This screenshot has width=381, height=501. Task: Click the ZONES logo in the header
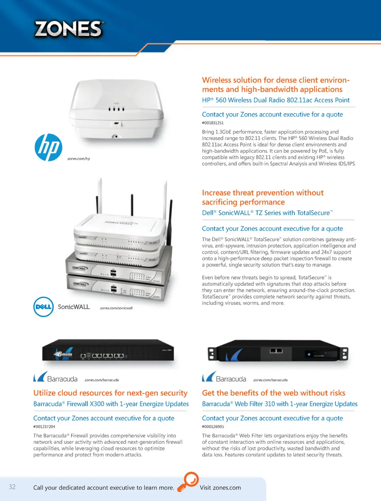[69, 29]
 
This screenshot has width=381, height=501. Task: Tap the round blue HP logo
[48, 148]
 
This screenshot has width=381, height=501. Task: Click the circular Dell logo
[44, 307]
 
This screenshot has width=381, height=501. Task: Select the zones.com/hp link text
[79, 159]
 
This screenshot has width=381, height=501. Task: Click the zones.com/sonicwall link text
[116, 308]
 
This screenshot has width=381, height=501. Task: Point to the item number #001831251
[213, 123]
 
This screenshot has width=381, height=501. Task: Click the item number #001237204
[44, 427]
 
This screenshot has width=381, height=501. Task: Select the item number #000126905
[213, 427]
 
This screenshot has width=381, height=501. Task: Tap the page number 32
[12, 487]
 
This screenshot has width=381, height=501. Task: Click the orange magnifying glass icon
[188, 482]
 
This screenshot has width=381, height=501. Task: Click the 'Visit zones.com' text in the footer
[220, 488]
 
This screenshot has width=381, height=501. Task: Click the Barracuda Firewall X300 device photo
[108, 350]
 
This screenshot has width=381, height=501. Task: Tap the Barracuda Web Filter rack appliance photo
[278, 351]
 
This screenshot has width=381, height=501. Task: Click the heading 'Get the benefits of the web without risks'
[273, 393]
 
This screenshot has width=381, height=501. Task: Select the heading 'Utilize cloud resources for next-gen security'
[110, 393]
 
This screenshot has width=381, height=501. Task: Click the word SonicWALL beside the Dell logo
[73, 307]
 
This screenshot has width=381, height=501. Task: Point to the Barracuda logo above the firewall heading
[55, 377]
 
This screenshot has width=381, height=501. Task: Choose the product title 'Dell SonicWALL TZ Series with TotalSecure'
[267, 213]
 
